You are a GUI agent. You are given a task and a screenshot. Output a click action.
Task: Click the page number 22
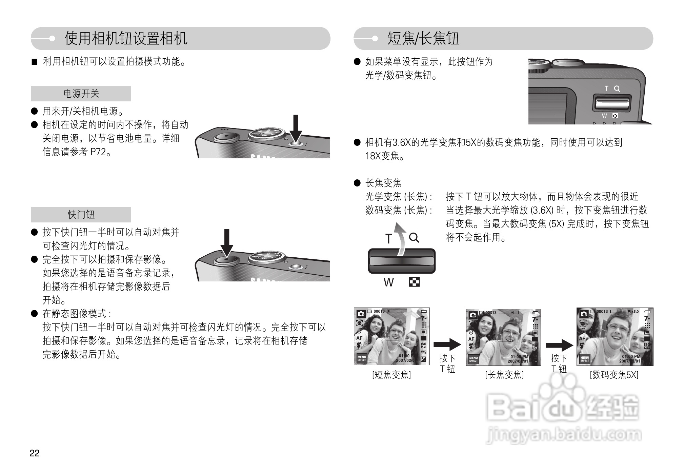pyautogui.click(x=34, y=453)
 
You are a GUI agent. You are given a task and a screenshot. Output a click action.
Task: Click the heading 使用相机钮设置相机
pyautogui.click(x=126, y=38)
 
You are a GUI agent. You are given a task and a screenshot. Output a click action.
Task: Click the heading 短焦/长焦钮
pyautogui.click(x=423, y=38)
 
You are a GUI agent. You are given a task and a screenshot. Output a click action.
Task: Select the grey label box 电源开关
pyautogui.click(x=81, y=94)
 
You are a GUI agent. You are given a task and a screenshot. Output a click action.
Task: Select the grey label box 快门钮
pyautogui.click(x=81, y=215)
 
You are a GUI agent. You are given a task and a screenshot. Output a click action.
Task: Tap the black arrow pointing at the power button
pyautogui.click(x=296, y=129)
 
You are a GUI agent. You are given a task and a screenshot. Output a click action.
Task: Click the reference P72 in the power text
pyautogui.click(x=98, y=152)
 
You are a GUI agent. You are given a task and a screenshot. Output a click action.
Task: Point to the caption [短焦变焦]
pyautogui.click(x=391, y=375)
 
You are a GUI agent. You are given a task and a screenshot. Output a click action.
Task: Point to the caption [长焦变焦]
pyautogui.click(x=504, y=375)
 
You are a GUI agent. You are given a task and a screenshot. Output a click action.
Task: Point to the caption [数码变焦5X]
pyautogui.click(x=614, y=375)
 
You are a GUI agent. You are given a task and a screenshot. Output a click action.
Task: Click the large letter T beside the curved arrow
pyautogui.click(x=388, y=239)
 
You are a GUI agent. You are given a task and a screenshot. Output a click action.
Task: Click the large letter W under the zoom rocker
pyautogui.click(x=388, y=282)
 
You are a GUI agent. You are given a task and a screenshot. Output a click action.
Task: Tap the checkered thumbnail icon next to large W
pyautogui.click(x=414, y=282)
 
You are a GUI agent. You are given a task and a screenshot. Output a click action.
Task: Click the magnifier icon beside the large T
pyautogui.click(x=414, y=238)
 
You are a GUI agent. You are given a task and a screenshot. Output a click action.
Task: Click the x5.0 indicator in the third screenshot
pyautogui.click(x=635, y=311)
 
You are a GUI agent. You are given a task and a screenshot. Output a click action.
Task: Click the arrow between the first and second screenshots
pyautogui.click(x=447, y=344)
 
